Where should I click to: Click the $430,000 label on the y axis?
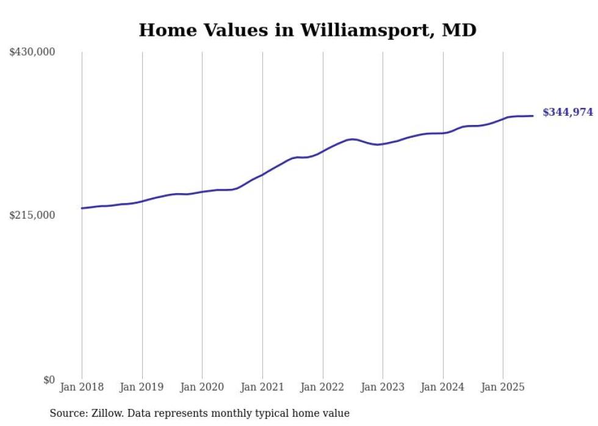[32, 52]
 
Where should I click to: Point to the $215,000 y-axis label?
[32, 215]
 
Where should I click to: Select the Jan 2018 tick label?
[82, 387]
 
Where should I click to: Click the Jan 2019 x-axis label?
[142, 387]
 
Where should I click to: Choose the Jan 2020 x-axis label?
[202, 387]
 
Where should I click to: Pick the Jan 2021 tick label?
[262, 387]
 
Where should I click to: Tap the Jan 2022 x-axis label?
[323, 387]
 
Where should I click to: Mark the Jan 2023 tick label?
[383, 387]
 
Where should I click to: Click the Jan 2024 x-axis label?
[443, 387]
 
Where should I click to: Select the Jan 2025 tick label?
[503, 387]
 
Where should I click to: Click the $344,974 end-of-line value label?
[567, 112]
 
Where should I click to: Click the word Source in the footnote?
[67, 414]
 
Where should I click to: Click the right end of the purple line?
[533, 116]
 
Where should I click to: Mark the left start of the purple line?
[82, 208]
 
